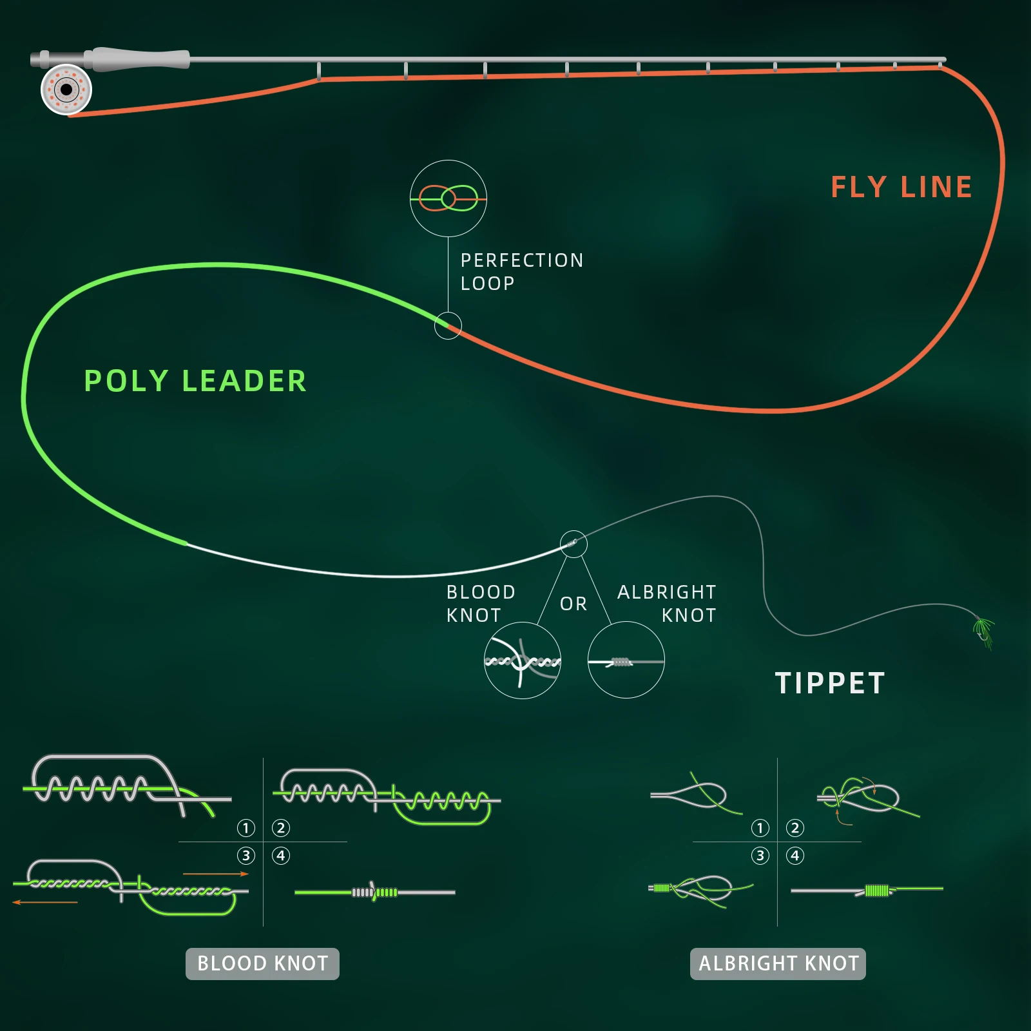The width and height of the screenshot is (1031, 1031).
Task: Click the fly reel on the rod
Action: (x=66, y=90)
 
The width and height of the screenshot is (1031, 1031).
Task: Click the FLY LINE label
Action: (x=901, y=188)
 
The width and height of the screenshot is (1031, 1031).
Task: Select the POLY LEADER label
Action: (x=195, y=381)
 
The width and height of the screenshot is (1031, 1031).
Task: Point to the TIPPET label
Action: (x=830, y=683)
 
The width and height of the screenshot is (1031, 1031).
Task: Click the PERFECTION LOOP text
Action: (x=521, y=271)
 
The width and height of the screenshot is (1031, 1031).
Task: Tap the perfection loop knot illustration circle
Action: (x=448, y=198)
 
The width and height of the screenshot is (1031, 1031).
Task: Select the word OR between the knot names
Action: (x=573, y=604)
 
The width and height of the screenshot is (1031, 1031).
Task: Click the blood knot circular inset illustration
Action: (x=522, y=660)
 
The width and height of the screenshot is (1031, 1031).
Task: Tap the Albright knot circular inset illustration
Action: (x=626, y=660)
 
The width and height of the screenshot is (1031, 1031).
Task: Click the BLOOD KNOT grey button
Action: (x=262, y=963)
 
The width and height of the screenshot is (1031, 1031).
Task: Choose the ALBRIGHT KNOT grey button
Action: (x=778, y=963)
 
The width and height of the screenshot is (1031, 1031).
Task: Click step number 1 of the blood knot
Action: (x=246, y=828)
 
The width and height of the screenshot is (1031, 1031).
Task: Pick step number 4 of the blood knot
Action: (x=281, y=856)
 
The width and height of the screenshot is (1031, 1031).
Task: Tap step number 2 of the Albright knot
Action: (x=795, y=828)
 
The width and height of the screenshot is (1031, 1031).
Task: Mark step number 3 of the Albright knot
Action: (x=760, y=856)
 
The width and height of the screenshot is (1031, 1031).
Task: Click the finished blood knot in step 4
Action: (x=374, y=892)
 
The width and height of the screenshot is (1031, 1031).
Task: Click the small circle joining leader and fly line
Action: (x=448, y=325)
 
